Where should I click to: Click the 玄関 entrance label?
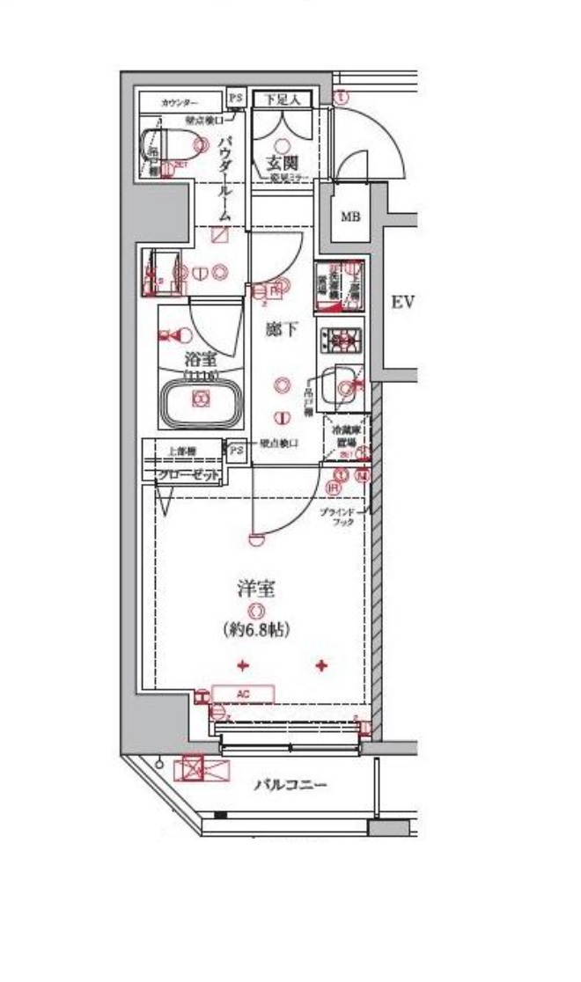click(283, 164)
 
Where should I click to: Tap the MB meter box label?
click(350, 216)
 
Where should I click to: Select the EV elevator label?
click(402, 303)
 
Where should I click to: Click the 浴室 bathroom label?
click(202, 359)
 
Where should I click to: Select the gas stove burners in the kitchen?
click(337, 338)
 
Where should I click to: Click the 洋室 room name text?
click(256, 588)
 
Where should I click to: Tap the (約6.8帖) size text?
click(256, 629)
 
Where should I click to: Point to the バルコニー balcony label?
click(290, 784)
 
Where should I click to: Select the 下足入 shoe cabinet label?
click(283, 99)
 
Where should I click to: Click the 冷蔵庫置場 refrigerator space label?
click(343, 436)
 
